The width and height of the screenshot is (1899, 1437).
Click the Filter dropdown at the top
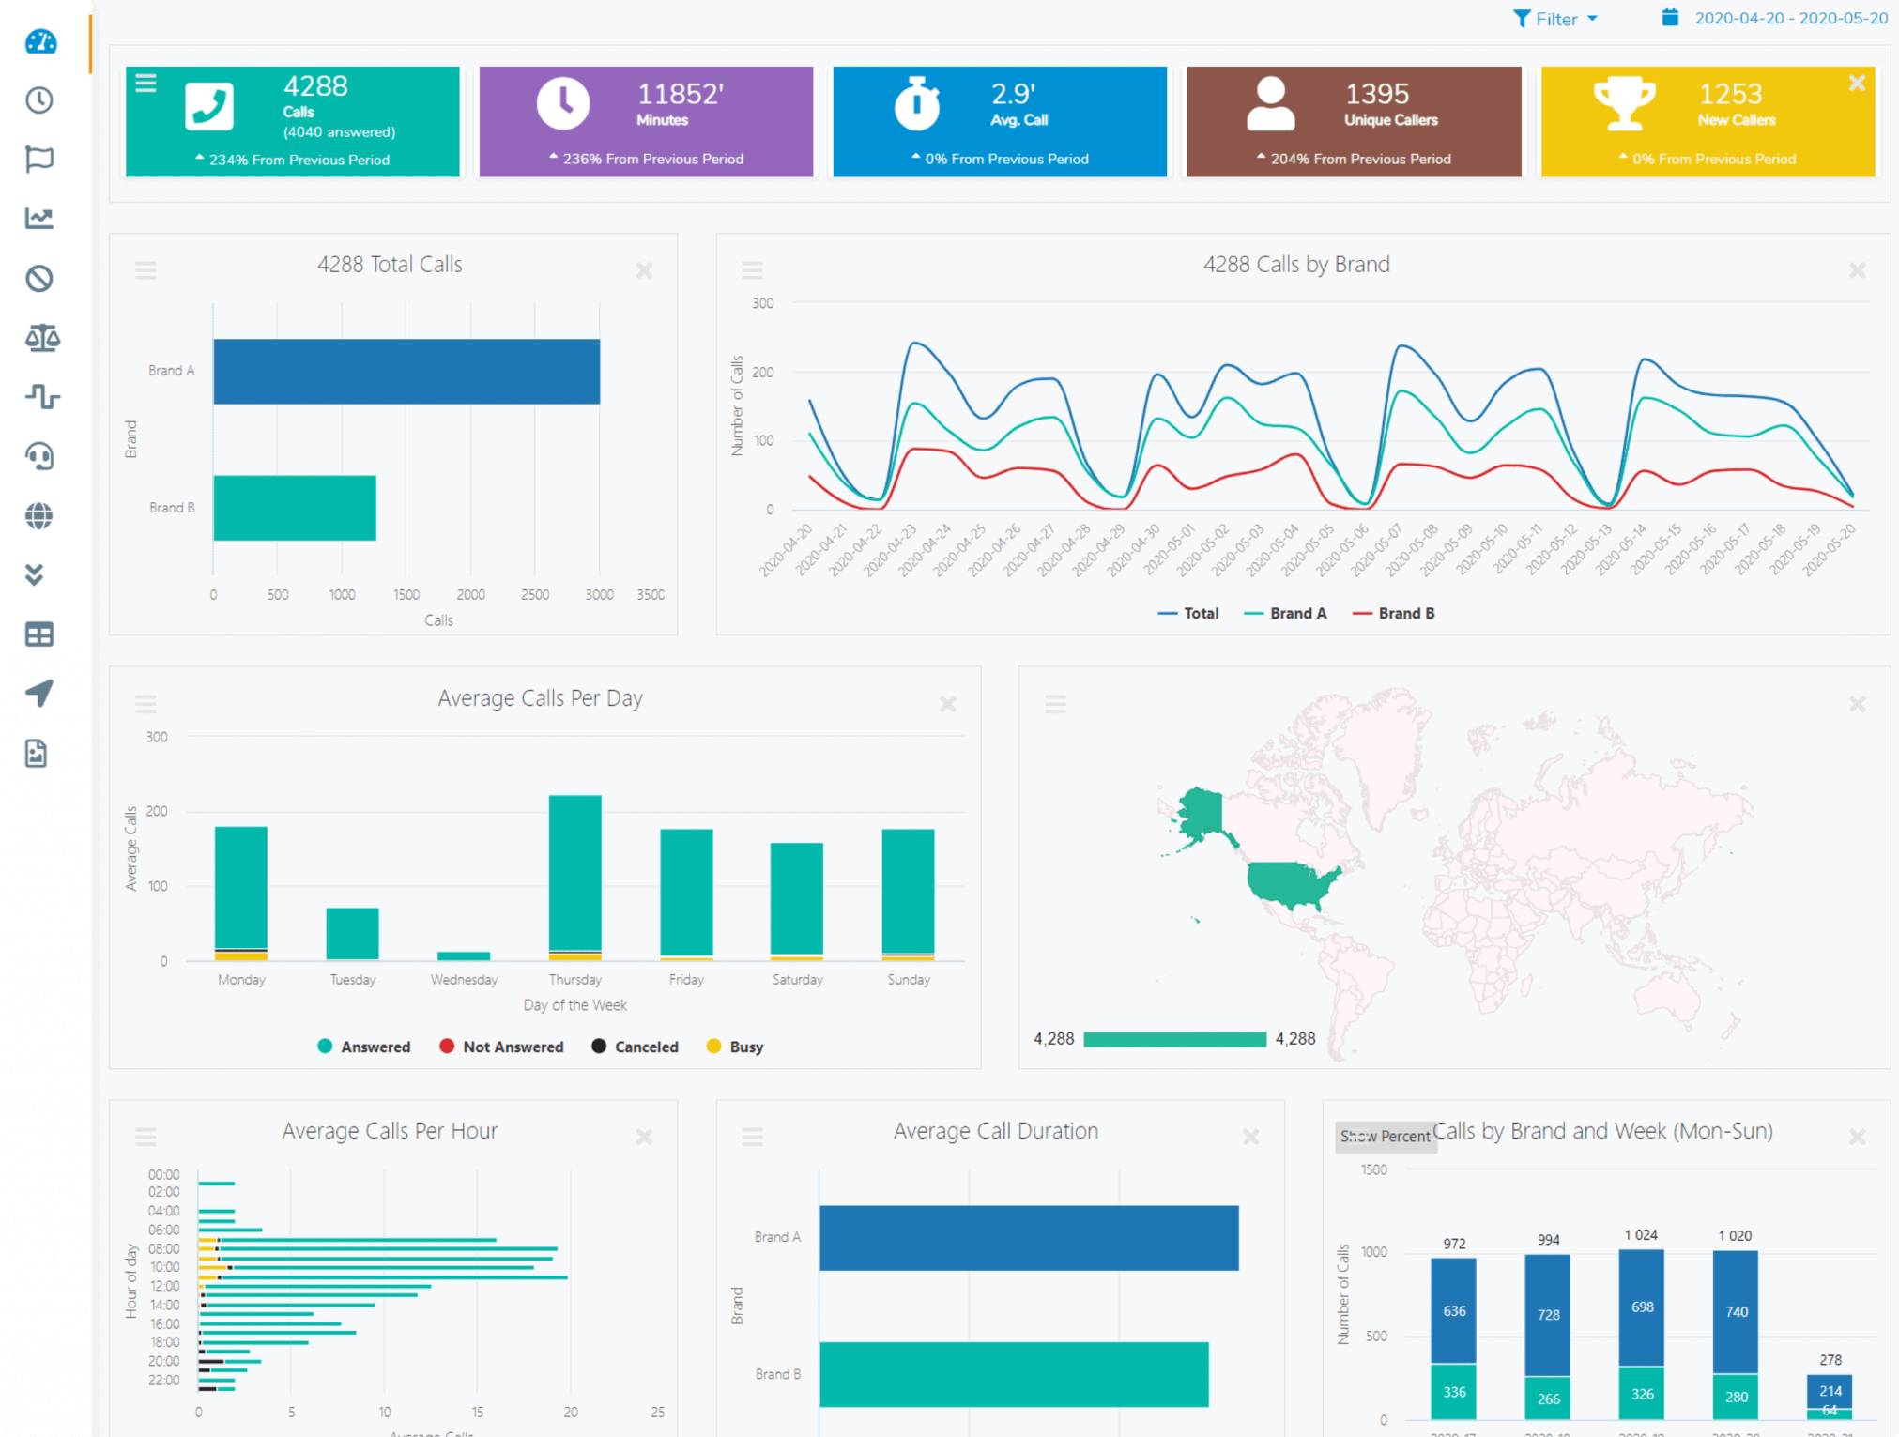click(x=1555, y=19)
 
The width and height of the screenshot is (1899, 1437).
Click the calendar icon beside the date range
click(x=1670, y=17)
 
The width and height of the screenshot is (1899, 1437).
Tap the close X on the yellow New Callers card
click(x=1856, y=83)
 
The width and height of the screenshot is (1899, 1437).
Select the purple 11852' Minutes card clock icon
click(x=563, y=103)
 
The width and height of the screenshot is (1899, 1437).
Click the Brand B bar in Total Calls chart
click(x=295, y=508)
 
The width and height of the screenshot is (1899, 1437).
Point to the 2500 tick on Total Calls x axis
click(x=535, y=594)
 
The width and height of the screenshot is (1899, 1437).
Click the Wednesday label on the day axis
click(x=464, y=979)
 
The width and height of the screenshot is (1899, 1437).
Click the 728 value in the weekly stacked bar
click(x=1548, y=1315)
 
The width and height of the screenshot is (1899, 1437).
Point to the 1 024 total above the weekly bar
click(x=1641, y=1235)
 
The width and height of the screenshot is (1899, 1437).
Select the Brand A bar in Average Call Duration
click(x=1028, y=1238)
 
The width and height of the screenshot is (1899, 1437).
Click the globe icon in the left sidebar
click(x=39, y=516)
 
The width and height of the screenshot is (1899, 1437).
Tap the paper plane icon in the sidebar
click(x=39, y=694)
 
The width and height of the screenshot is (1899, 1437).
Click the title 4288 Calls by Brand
click(x=1295, y=265)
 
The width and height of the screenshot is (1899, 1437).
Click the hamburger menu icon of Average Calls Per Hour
click(x=145, y=1137)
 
